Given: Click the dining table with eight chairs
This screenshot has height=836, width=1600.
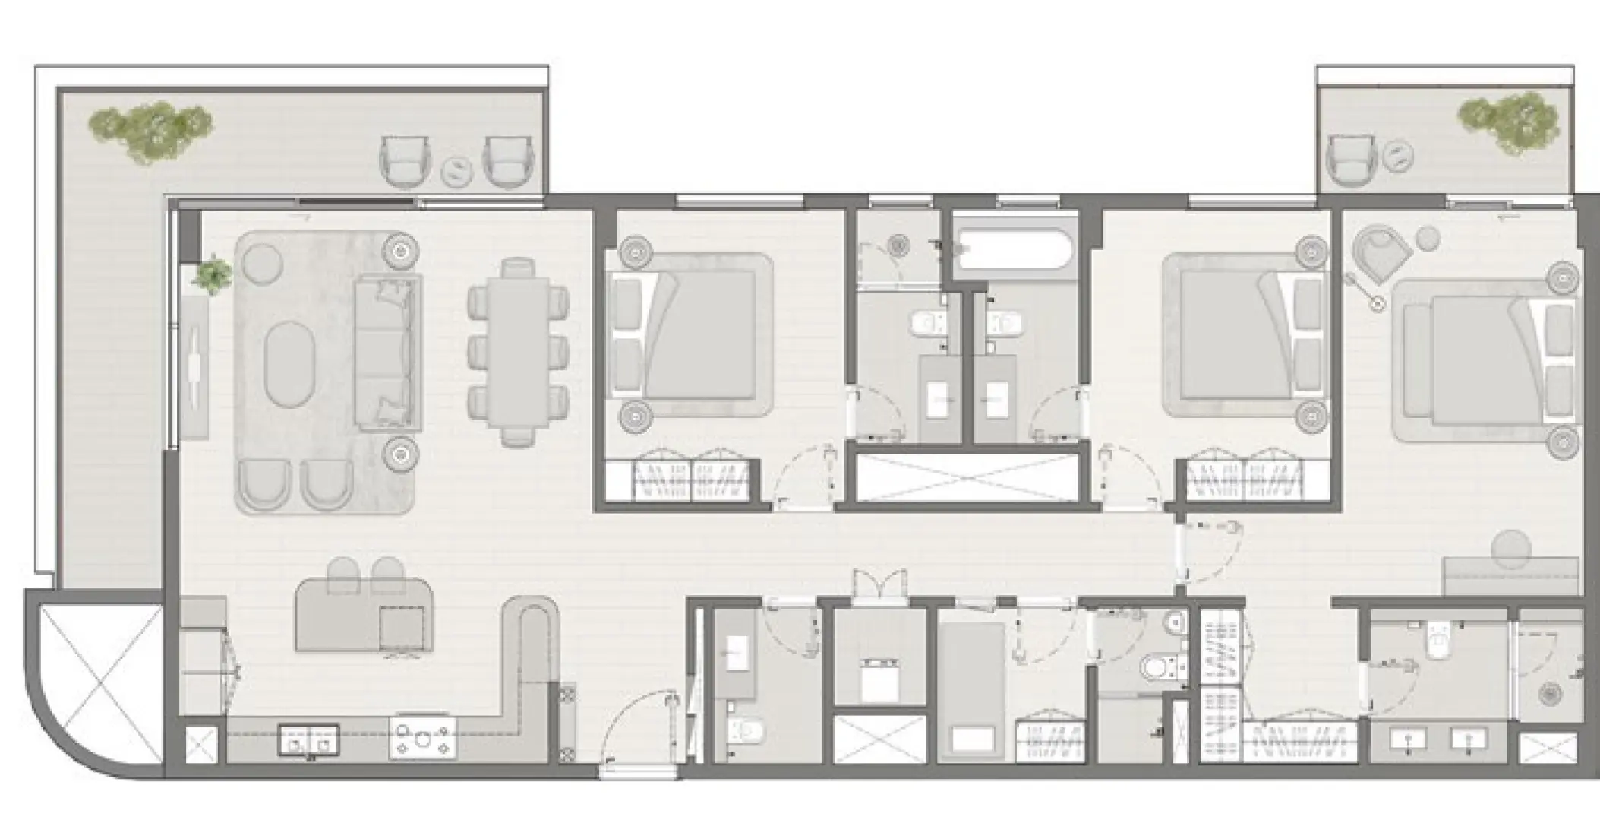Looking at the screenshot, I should [x=519, y=351].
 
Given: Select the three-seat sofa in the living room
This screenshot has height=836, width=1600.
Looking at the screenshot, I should [x=387, y=354].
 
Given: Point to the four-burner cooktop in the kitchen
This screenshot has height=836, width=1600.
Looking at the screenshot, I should [x=423, y=736].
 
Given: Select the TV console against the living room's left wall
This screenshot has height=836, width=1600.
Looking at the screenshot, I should [x=195, y=366].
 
